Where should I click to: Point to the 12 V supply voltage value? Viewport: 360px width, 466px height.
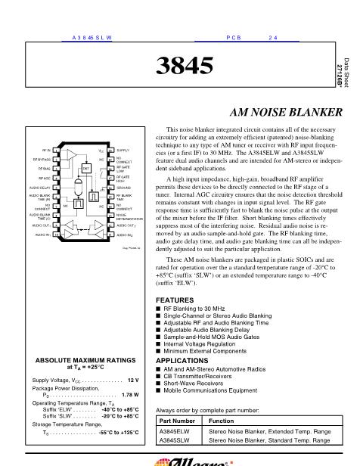coord(133,380)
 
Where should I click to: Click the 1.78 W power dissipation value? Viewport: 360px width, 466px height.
coord(129,394)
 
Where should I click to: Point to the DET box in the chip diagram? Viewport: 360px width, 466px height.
coord(65,168)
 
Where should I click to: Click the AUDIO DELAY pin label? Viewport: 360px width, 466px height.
coord(40,187)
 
